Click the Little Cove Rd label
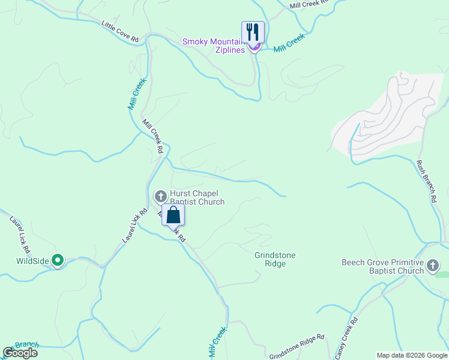[120, 32]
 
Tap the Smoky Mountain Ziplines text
[214, 46]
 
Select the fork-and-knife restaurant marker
[253, 32]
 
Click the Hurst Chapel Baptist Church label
[197, 197]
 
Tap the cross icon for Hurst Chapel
[160, 196]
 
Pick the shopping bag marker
[173, 215]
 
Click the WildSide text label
[32, 260]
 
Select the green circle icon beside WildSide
[58, 260]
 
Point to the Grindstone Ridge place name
[275, 259]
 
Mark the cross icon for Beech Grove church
[432, 265]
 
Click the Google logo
[20, 353]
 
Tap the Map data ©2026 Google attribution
[412, 355]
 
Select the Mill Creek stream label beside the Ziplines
[289, 42]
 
